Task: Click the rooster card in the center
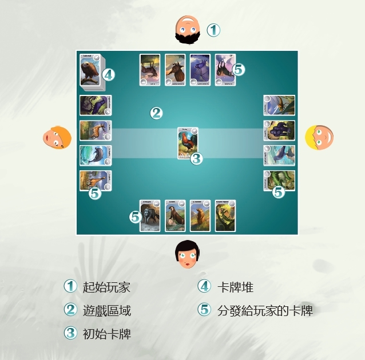(188, 143)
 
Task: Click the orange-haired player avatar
(57, 138)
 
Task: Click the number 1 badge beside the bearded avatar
(213, 30)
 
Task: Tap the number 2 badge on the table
(156, 113)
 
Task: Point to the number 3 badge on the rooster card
(196, 158)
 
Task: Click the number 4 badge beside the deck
(108, 74)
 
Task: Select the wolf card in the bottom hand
(149, 215)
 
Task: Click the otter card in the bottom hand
(174, 215)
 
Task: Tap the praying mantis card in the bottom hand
(225, 215)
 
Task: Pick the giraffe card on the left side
(95, 181)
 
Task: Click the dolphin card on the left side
(95, 155)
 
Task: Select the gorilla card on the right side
(279, 131)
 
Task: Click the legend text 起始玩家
(102, 287)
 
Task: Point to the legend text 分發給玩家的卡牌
(265, 310)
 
